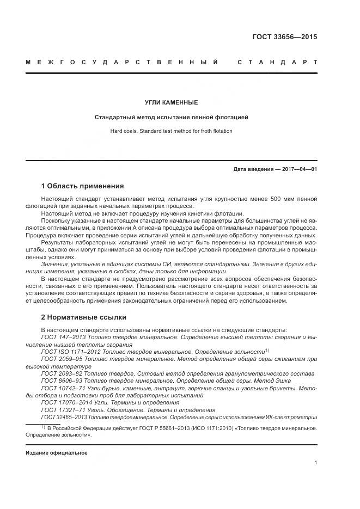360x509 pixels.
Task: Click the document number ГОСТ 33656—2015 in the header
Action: tap(284, 38)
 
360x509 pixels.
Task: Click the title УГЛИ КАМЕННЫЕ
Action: tap(171, 102)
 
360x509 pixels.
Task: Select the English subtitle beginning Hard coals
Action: tap(171, 131)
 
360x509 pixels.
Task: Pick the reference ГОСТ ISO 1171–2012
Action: tap(71, 352)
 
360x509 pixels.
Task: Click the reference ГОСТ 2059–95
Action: tap(63, 359)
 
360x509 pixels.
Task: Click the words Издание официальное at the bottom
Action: tap(56, 453)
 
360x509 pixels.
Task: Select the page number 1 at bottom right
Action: tap(315, 463)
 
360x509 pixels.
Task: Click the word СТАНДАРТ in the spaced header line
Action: tap(277, 63)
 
